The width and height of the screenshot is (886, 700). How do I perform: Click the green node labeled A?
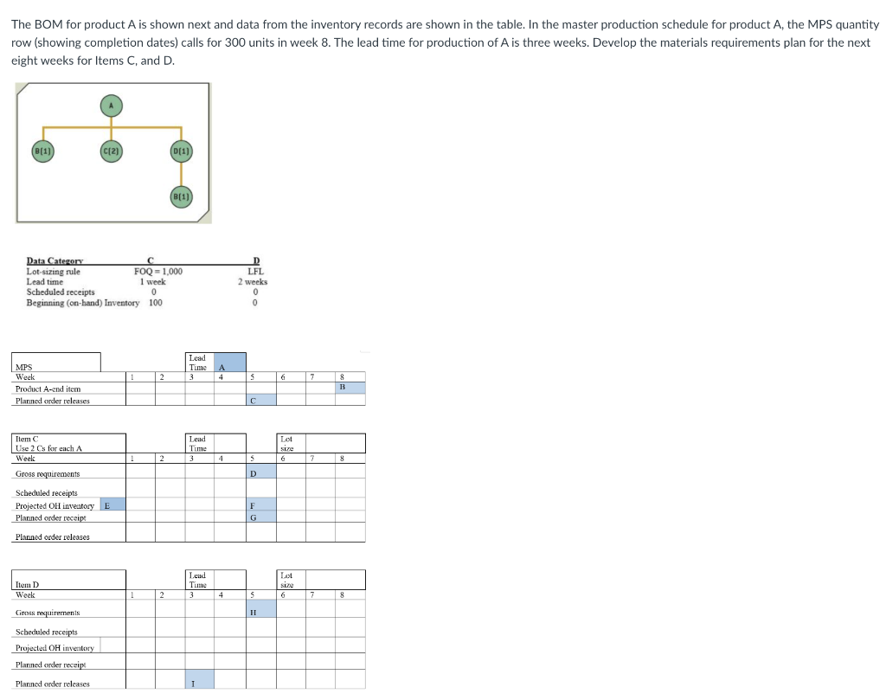[111, 105]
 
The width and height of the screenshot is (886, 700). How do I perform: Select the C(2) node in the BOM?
[111, 153]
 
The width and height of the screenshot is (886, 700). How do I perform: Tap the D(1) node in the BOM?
[182, 153]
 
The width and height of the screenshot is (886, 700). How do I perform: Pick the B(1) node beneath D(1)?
[182, 196]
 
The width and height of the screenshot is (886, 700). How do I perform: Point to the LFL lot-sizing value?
[255, 271]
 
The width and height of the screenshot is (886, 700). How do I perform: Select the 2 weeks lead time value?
[254, 281]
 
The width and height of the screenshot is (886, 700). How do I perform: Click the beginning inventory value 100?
[156, 302]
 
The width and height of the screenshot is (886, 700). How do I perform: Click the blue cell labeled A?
[229, 363]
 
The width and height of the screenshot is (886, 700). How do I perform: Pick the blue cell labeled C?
[260, 400]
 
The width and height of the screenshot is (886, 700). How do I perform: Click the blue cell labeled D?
[260, 473]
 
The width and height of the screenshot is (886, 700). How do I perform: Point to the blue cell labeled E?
[112, 504]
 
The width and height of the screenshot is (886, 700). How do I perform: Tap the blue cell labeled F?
[260, 504]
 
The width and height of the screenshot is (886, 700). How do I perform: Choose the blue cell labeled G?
[260, 517]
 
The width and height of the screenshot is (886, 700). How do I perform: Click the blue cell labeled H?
[260, 611]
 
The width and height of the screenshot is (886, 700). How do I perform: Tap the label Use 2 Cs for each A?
[48, 448]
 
